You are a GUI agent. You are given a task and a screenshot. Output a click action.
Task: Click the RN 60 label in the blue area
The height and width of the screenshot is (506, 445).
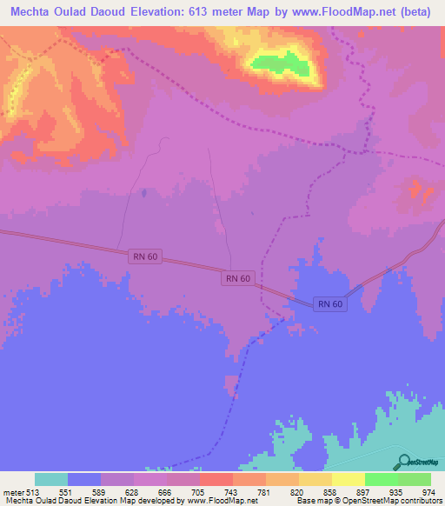tap(330, 303)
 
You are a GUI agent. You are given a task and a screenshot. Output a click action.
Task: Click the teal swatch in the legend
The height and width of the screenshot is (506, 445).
tap(51, 479)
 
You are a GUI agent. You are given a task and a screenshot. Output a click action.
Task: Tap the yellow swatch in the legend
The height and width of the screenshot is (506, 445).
tap(348, 479)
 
